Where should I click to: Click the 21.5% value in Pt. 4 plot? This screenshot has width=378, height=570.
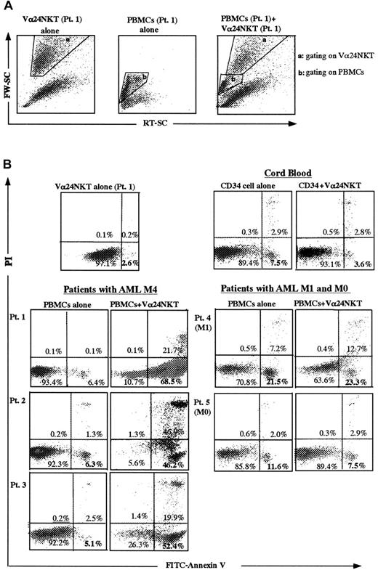[275, 381]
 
